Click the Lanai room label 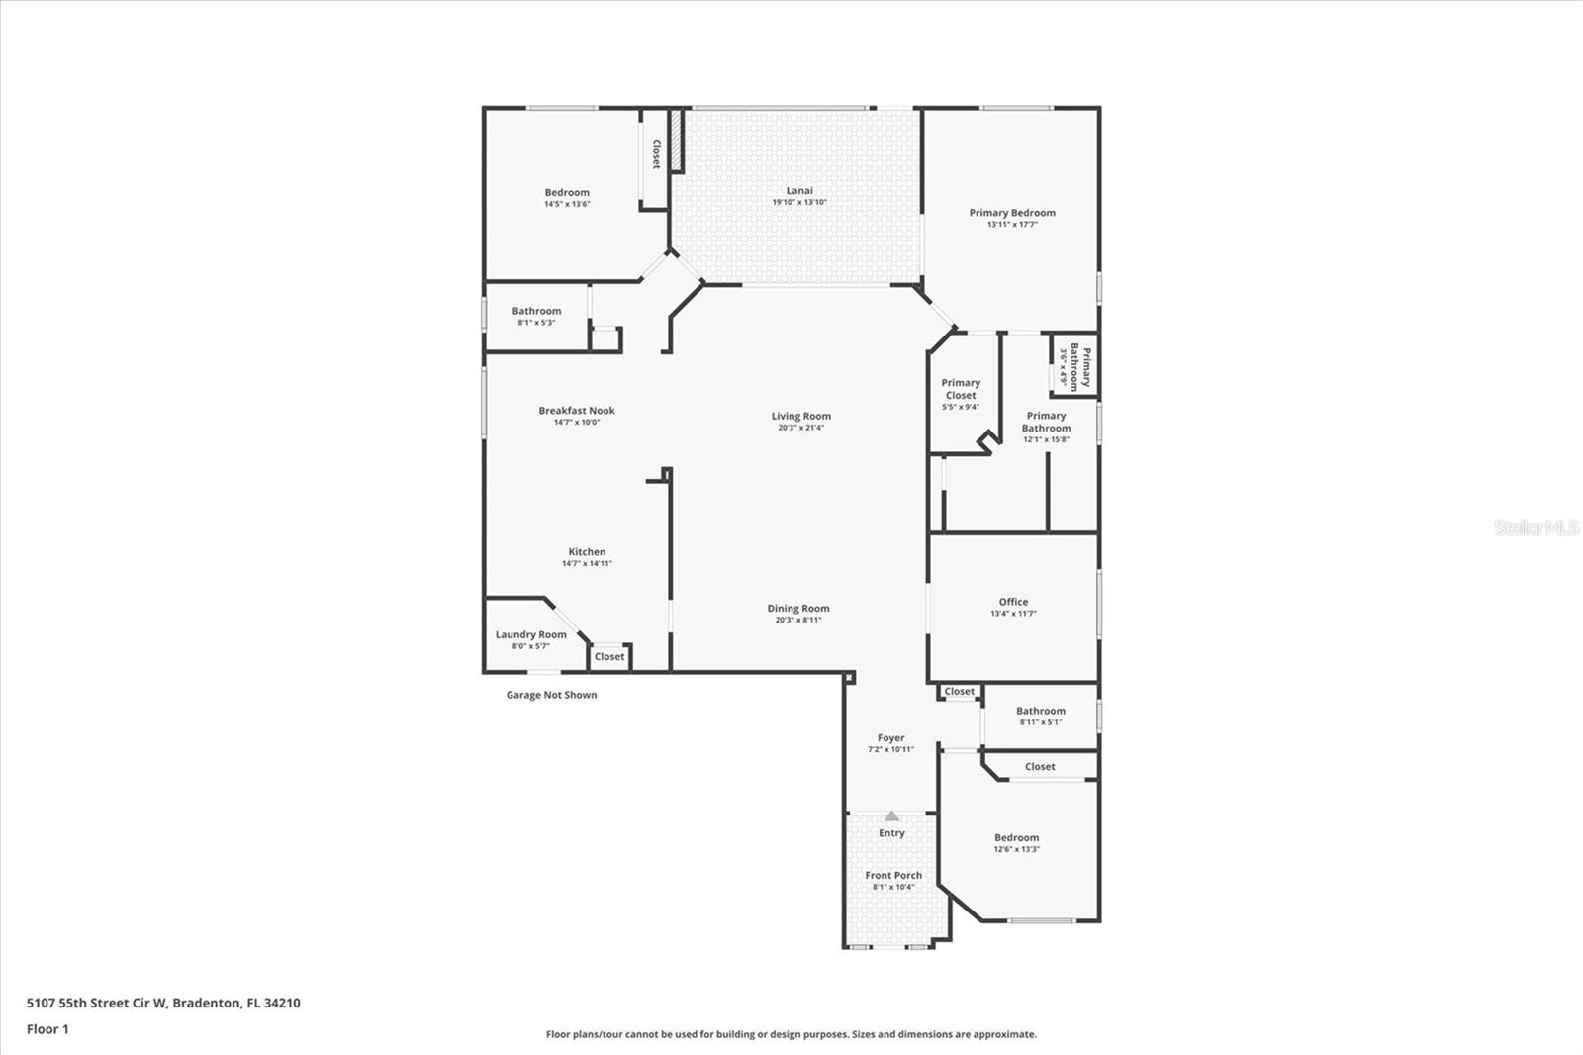click(799, 191)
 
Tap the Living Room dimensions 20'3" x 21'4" click(800, 428)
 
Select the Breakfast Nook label click(577, 410)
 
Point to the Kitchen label click(587, 552)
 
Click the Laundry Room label click(531, 634)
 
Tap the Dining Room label click(798, 609)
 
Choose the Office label click(1013, 602)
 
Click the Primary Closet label click(961, 389)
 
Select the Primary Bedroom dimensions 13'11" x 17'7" click(1012, 225)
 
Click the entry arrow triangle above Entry click(891, 816)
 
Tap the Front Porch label click(893, 875)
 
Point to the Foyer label click(890, 738)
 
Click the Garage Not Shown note click(551, 695)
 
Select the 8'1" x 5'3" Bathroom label click(536, 311)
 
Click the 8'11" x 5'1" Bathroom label click(1041, 711)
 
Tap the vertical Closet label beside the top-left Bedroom click(656, 153)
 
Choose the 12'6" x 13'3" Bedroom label click(1016, 837)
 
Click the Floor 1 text click(47, 1029)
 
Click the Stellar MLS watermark click(1536, 527)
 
